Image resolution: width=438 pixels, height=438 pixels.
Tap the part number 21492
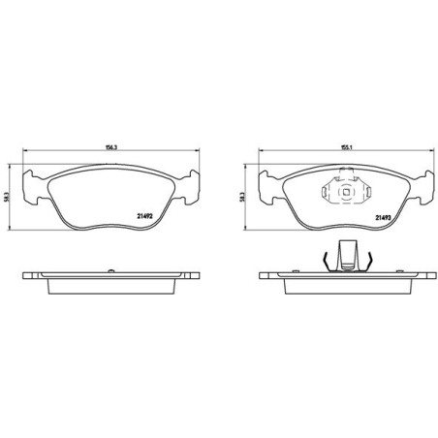coord(144,217)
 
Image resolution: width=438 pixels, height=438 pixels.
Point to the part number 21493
coord(383,218)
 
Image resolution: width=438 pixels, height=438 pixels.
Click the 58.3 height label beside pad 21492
coord(6,196)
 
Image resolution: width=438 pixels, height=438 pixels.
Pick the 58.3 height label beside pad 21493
coord(241,197)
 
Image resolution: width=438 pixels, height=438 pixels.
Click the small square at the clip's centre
coord(346,192)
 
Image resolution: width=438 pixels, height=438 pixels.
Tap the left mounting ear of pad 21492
coord(31,187)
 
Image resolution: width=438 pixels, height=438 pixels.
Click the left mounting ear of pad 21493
coord(267,188)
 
